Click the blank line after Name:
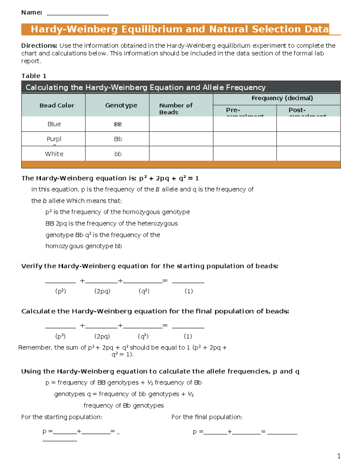(x=78, y=13)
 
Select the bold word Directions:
(x=39, y=46)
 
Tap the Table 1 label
(x=34, y=76)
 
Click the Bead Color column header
(x=57, y=105)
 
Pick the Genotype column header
(x=121, y=105)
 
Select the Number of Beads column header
(x=176, y=109)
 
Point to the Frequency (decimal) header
(x=282, y=98)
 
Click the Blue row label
(x=54, y=124)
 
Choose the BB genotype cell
(x=118, y=124)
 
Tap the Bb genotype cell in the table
(x=118, y=139)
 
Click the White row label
(x=54, y=154)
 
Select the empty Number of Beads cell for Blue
(x=181, y=124)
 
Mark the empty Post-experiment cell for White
(x=308, y=154)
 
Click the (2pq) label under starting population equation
(x=102, y=291)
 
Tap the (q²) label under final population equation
(x=143, y=336)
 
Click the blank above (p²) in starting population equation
(x=60, y=281)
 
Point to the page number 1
(x=339, y=456)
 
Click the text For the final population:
(x=207, y=417)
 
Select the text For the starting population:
(x=62, y=417)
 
